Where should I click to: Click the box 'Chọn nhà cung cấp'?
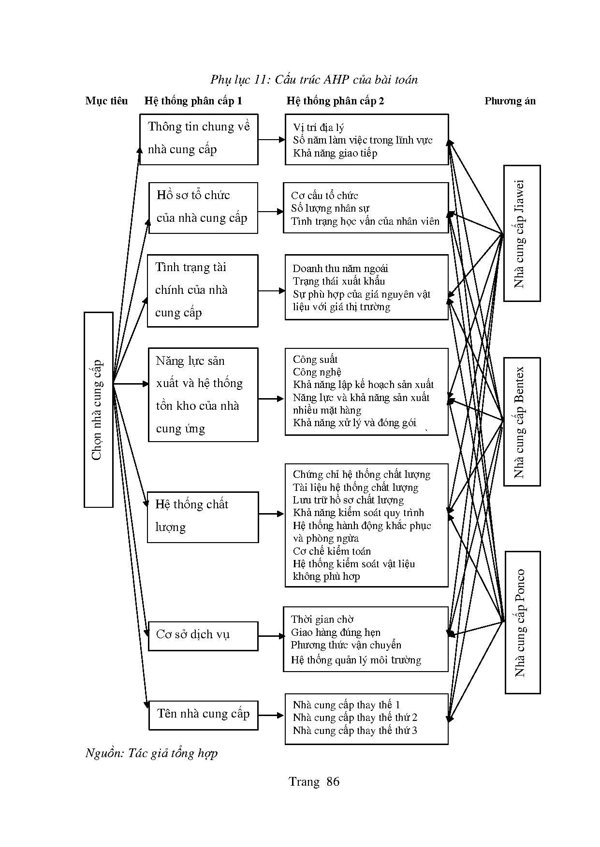coord(99,410)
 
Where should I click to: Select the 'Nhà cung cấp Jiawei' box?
coord(522,233)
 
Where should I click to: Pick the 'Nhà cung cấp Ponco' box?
coord(522,622)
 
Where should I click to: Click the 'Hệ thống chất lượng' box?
coord(203,517)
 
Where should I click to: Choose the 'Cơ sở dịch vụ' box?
coord(203,635)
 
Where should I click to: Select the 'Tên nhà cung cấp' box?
coord(203,715)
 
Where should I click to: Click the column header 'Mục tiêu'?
coord(106,101)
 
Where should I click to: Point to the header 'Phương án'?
coord(510,101)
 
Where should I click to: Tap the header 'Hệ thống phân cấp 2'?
coord(335,101)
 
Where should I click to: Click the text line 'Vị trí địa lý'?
coord(319,128)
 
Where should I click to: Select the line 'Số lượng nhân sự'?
coord(330,209)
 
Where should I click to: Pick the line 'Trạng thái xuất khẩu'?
coord(339,281)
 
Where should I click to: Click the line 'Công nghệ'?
coord(317,372)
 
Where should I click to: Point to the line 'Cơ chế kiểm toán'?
coord(332,551)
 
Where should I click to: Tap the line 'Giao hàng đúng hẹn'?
coord(336,632)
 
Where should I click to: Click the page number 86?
coord(333,782)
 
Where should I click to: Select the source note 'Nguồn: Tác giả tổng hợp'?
coord(151,753)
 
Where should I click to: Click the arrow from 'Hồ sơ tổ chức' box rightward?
coord(271,212)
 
